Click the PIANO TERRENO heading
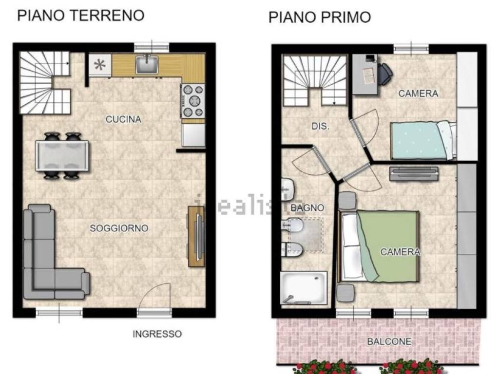(x=80, y=15)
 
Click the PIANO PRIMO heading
(x=319, y=18)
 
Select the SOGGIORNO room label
(x=119, y=228)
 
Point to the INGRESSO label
(x=157, y=334)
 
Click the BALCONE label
(x=389, y=341)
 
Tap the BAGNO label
(x=307, y=208)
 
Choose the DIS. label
(x=320, y=127)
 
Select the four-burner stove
(x=193, y=101)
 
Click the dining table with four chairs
(x=62, y=156)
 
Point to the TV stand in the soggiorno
(x=196, y=236)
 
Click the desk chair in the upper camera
(x=384, y=73)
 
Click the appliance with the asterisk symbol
(x=100, y=65)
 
